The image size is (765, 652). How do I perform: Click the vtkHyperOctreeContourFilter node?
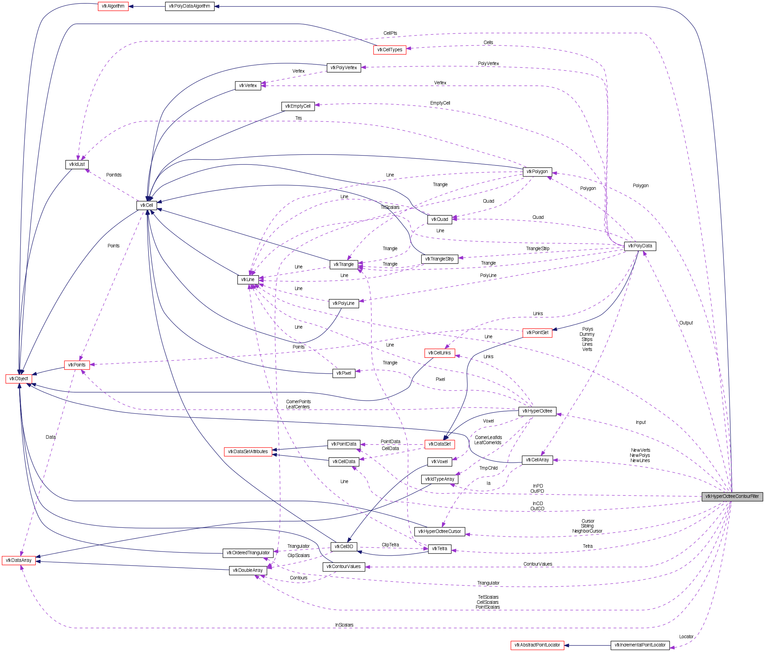[732, 496]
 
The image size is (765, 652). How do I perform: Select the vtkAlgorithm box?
[113, 6]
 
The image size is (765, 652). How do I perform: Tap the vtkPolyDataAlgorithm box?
[190, 6]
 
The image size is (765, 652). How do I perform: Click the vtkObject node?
[19, 378]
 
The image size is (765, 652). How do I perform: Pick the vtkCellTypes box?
[389, 50]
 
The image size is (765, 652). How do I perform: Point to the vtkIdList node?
[77, 164]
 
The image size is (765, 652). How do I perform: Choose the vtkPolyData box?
[640, 246]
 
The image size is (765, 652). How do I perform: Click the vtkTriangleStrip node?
[439, 259]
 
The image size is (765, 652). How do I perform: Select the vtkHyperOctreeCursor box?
[439, 531]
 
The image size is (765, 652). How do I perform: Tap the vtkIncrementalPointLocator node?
[640, 645]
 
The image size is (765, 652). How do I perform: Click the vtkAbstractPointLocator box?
[537, 645]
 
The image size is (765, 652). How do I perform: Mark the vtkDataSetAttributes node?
[248, 451]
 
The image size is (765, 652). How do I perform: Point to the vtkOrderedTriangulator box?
[248, 553]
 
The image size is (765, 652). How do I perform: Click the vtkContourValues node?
[343, 567]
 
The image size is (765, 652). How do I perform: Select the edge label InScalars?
[344, 625]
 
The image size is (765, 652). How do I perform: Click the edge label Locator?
[686, 637]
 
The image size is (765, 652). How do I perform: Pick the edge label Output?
[686, 323]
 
